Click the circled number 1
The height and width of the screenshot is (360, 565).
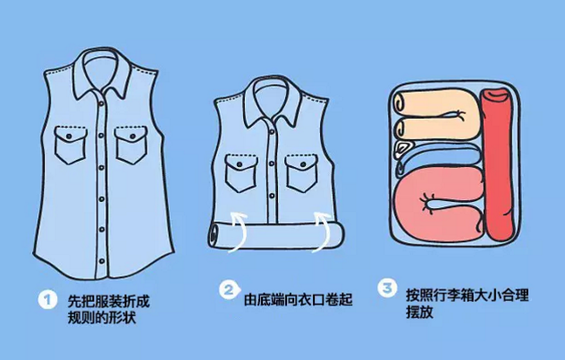(47, 299)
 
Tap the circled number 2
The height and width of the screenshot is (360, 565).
(229, 289)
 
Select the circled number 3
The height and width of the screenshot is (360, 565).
(387, 288)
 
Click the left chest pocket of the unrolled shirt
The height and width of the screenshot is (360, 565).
(71, 145)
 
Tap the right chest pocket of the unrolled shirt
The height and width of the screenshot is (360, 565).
(131, 145)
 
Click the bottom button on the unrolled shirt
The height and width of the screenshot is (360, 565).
(102, 261)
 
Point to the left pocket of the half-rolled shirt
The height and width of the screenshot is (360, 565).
(241, 172)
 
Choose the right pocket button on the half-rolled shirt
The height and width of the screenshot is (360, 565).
(303, 165)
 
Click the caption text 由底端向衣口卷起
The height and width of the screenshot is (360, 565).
(298, 299)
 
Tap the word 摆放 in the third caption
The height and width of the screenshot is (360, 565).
(419, 312)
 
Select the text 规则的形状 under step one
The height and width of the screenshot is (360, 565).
(102, 317)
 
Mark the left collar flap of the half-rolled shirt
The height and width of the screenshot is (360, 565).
(255, 108)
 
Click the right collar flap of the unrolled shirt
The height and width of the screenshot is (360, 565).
(119, 79)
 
